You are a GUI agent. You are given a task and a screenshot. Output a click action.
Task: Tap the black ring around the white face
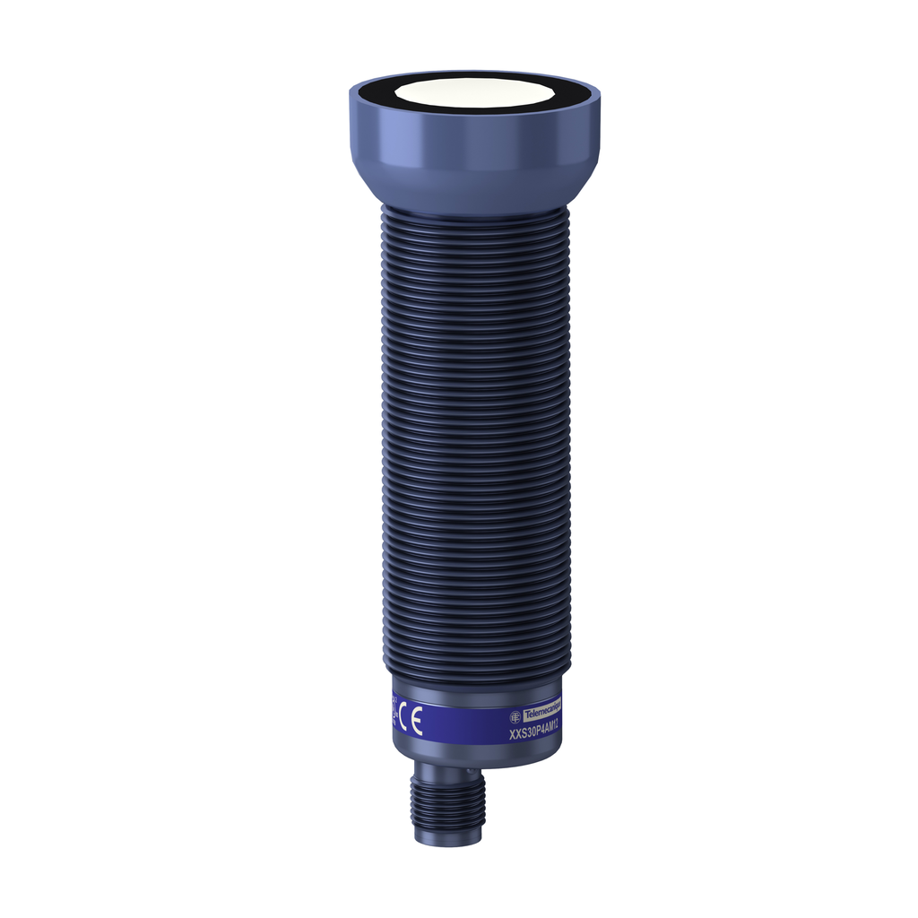pyautogui.click(x=377, y=92)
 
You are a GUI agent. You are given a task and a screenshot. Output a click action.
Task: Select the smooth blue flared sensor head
pyautogui.click(x=473, y=143)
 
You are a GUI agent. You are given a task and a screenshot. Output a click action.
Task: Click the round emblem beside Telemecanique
pyautogui.click(x=515, y=715)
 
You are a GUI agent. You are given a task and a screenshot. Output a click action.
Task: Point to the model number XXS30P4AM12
pyautogui.click(x=534, y=732)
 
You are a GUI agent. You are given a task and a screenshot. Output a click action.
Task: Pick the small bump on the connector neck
pyautogui.click(x=469, y=769)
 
